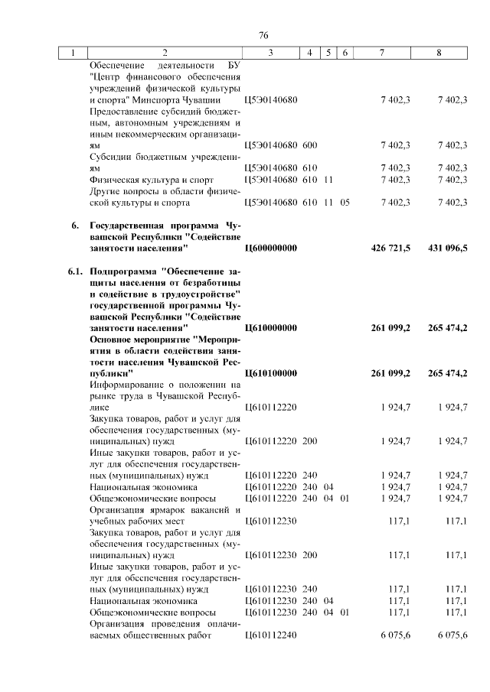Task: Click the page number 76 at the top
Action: [x=263, y=36]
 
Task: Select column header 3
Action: [x=270, y=53]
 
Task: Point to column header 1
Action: [x=73, y=53]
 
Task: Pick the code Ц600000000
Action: [x=270, y=249]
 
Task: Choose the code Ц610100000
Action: [x=270, y=372]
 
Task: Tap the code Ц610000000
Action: [x=270, y=328]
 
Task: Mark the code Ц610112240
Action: [x=270, y=637]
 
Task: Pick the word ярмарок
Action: [x=168, y=510]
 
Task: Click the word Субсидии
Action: [x=112, y=156]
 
